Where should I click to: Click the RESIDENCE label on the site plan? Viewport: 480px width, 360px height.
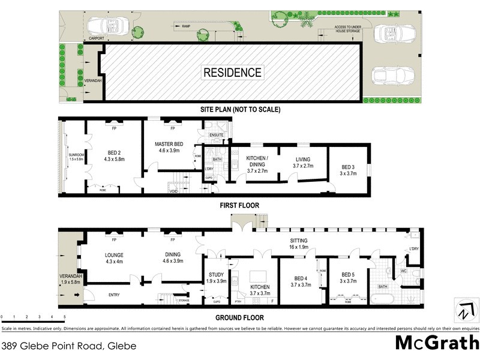click(233, 73)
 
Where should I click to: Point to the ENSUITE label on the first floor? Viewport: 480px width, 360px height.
click(216, 136)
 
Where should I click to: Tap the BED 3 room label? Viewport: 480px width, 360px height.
click(349, 170)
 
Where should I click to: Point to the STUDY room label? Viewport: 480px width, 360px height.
click(216, 277)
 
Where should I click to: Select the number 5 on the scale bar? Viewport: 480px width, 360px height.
click(64, 316)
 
